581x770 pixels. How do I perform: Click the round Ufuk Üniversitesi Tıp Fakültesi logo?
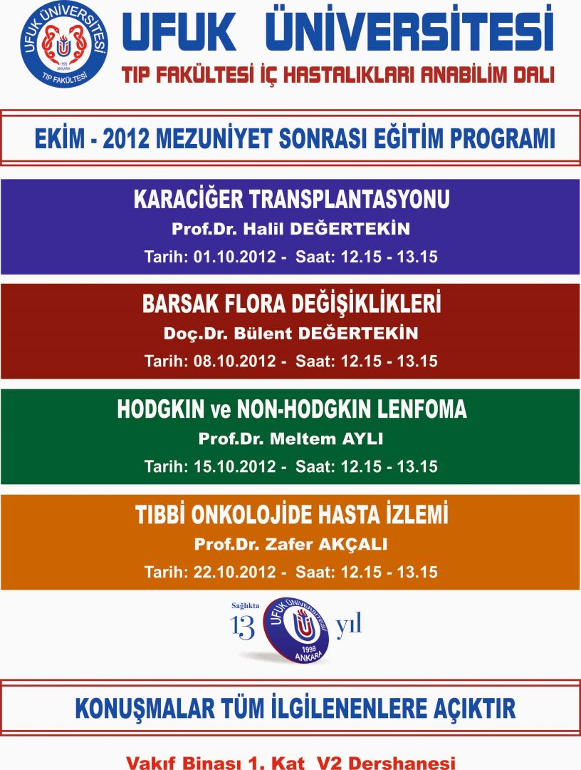pyautogui.click(x=64, y=44)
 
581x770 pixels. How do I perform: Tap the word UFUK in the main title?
pyautogui.click(x=179, y=32)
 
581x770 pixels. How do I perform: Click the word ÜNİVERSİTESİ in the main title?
pyautogui.click(x=409, y=30)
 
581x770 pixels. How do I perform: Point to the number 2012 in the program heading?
pyautogui.click(x=125, y=139)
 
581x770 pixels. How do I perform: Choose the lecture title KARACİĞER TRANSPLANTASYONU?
pyautogui.click(x=292, y=199)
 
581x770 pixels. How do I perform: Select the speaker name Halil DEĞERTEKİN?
pyautogui.click(x=327, y=228)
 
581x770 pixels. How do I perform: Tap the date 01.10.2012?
pyautogui.click(x=235, y=257)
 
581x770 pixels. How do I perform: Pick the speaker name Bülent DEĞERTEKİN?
pyautogui.click(x=326, y=333)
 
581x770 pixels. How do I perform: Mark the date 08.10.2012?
pyautogui.click(x=235, y=361)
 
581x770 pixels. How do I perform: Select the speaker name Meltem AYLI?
pyautogui.click(x=327, y=438)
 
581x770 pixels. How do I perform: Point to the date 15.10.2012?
pyautogui.click(x=235, y=466)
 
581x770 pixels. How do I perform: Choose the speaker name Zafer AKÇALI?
pyautogui.click(x=326, y=544)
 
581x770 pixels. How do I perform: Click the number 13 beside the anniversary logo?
pyautogui.click(x=243, y=627)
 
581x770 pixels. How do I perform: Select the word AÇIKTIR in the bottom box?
pyautogui.click(x=474, y=708)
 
